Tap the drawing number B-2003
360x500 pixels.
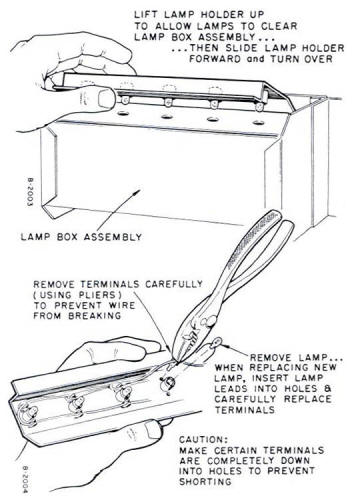point(30,192)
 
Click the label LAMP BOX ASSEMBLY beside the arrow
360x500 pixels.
point(81,237)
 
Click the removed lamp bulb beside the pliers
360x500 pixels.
point(216,343)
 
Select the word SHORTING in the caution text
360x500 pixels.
point(205,481)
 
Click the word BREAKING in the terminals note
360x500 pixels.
point(95,316)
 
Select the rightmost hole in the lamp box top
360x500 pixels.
point(258,122)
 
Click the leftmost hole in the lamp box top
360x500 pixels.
point(123,113)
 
